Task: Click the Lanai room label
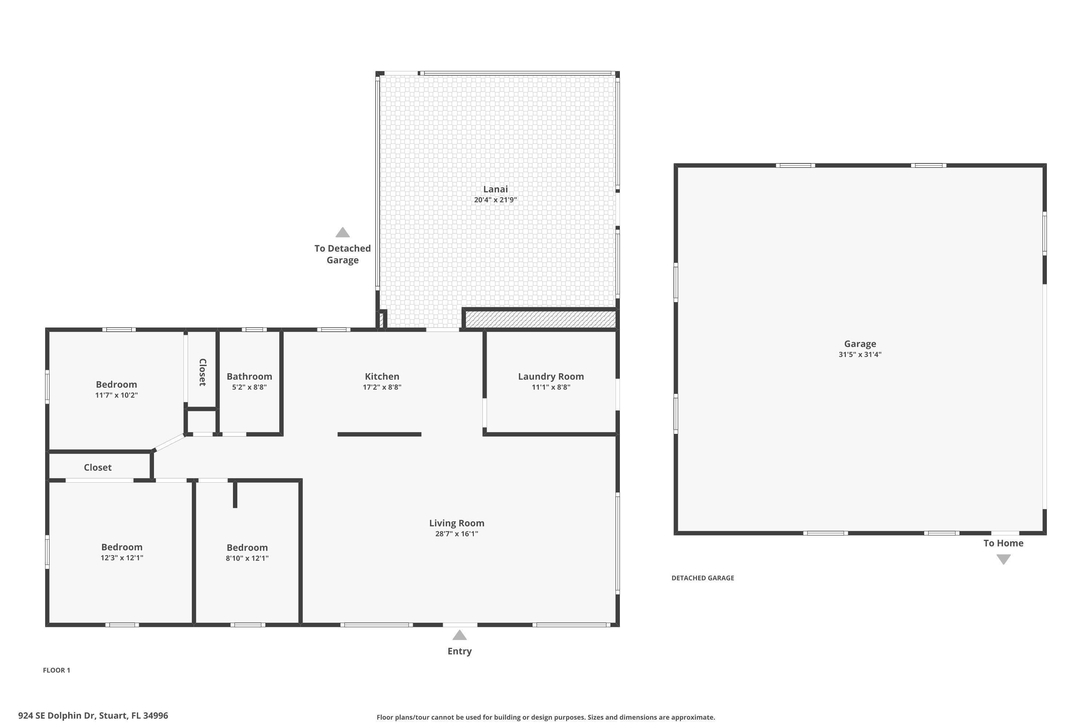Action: pos(495,189)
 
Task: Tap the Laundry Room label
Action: pos(551,376)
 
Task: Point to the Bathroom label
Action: pos(249,376)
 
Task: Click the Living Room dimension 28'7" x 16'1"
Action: pos(456,534)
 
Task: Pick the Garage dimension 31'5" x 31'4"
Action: pos(859,355)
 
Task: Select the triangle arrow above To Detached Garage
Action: pos(342,232)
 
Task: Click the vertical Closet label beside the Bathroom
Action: pos(202,372)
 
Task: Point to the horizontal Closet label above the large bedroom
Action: pos(98,467)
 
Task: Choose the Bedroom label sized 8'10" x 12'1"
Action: pos(247,547)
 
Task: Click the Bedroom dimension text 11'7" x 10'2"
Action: pos(116,395)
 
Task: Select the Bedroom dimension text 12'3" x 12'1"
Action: pos(122,558)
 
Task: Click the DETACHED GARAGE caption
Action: pos(703,578)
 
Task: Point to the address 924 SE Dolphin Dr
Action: pos(93,716)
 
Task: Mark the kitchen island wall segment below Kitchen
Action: pos(379,435)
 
